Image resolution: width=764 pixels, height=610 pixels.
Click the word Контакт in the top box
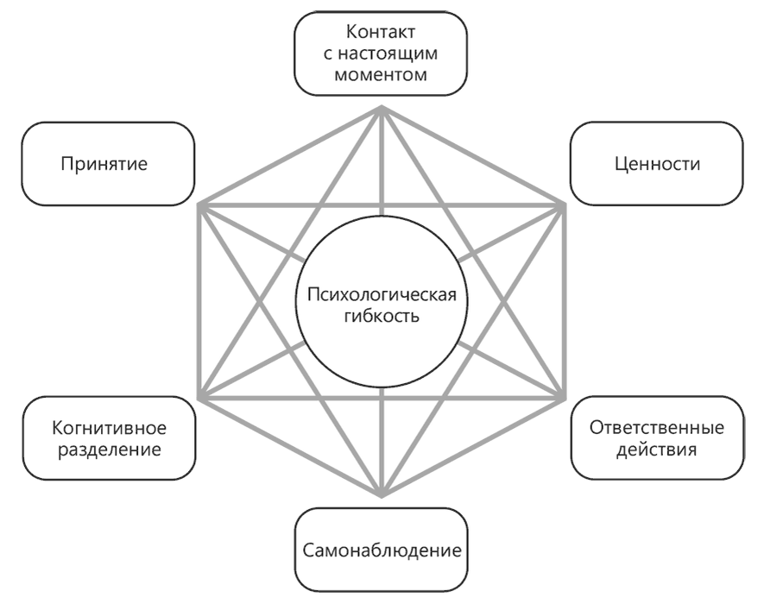pos(381,33)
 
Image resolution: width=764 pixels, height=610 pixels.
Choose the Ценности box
pos(657,163)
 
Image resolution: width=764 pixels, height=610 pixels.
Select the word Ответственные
pos(657,428)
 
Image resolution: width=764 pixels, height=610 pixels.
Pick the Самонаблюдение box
pos(381,550)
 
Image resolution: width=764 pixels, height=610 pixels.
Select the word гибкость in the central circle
pos(382,317)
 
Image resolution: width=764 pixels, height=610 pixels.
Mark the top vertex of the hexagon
pos(382,107)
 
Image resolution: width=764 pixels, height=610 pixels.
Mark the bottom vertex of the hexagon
pos(382,496)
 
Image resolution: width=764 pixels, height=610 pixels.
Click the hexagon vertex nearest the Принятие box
pos(200,205)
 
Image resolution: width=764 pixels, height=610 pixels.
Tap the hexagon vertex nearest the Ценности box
pos(565,205)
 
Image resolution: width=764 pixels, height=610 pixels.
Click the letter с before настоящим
pos(332,54)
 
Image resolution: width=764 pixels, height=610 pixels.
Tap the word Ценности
pos(657,163)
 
